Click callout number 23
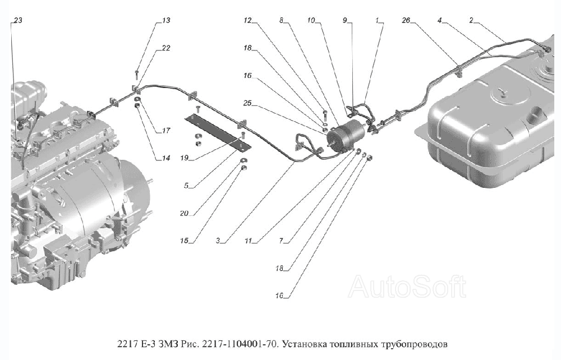(18, 21)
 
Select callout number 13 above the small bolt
(166, 21)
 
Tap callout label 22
(166, 48)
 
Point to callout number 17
(166, 131)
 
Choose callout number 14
(166, 159)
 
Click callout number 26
(406, 21)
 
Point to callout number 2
(472, 21)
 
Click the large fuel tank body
(494, 129)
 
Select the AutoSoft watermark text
(407, 287)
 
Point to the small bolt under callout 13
(137, 72)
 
